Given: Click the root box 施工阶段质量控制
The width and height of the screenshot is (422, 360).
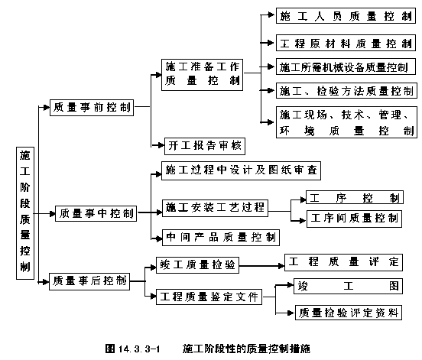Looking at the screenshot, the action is coord(25,213).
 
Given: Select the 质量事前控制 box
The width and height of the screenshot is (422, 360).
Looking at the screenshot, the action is coord(92,108).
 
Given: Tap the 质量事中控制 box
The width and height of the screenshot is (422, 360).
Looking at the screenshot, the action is coord(96,214).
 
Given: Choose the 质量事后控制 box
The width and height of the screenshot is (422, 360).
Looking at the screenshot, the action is coord(89,281).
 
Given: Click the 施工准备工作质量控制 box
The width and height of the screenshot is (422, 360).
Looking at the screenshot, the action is coord(202,75).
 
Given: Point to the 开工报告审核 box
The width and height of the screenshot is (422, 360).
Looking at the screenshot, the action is coord(205,146).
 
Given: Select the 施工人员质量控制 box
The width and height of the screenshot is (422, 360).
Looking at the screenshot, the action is coord(346,16).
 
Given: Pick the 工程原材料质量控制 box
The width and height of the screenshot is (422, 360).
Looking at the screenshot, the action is coord(346,43).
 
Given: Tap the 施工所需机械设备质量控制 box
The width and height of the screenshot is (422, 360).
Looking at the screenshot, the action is coord(346,66).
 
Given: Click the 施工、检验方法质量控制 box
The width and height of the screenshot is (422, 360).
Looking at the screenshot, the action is coord(346,90).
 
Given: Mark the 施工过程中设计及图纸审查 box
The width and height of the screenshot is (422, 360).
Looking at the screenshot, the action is coord(241,170).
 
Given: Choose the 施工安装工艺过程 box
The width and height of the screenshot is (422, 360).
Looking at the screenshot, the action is coord(215,208).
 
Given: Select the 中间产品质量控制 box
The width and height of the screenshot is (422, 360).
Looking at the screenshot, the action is coord(221,238).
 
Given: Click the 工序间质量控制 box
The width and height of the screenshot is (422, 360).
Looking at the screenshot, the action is coord(354,219).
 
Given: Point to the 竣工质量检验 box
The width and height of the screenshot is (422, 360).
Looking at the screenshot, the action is coord(197,265).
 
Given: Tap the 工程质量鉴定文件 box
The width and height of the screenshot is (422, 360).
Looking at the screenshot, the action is coord(209,297).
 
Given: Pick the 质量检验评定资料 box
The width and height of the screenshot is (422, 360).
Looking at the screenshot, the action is coord(349,313).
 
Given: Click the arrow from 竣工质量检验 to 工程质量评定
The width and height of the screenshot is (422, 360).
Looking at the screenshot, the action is coord(262,266).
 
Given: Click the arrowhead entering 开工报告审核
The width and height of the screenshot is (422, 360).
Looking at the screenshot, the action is coord(161,145).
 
